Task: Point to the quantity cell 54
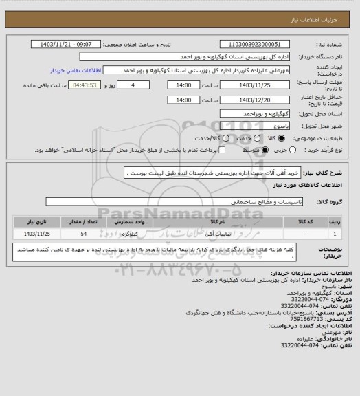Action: tap(83, 234)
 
